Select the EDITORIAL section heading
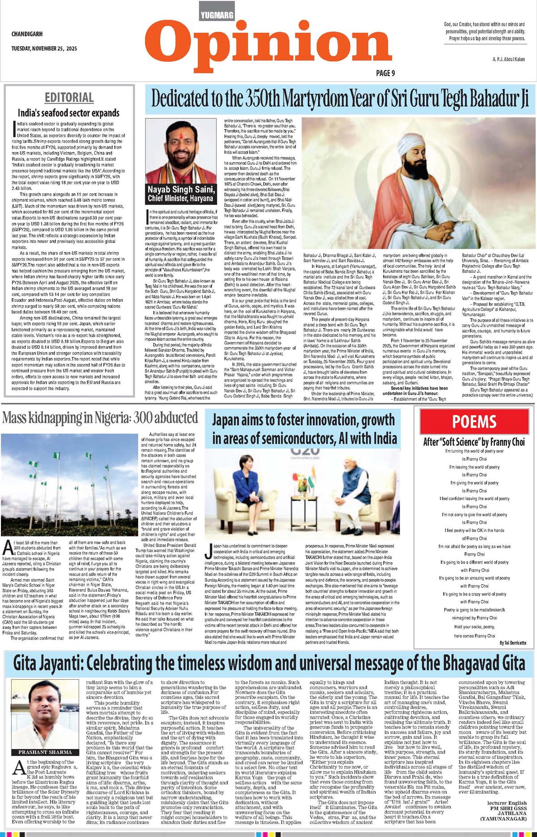click(x=69, y=97)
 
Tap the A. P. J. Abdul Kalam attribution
click(x=508, y=59)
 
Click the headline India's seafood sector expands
click(x=68, y=113)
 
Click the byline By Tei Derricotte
click(x=513, y=643)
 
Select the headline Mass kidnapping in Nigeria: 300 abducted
click(x=100, y=418)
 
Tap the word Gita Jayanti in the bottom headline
click(x=47, y=663)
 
